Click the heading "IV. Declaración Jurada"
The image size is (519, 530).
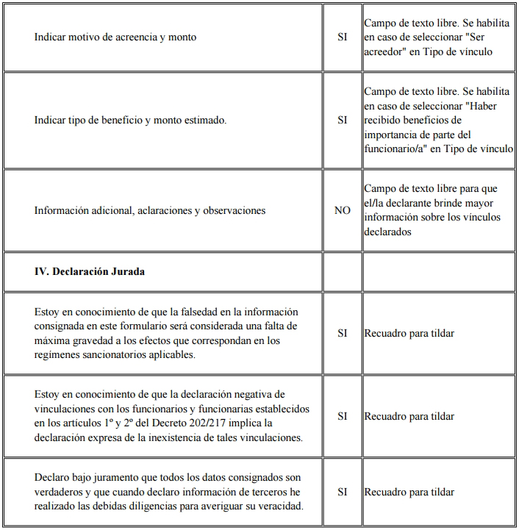pos(90,271)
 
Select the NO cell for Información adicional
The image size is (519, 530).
pos(342,210)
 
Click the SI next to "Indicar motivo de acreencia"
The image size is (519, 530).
pos(342,37)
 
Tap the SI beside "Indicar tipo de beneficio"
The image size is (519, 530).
pos(342,120)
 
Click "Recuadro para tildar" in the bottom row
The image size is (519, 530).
pos(409,492)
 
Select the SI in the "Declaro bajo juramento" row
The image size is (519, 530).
pos(342,492)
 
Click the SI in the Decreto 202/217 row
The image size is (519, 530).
pos(342,416)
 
